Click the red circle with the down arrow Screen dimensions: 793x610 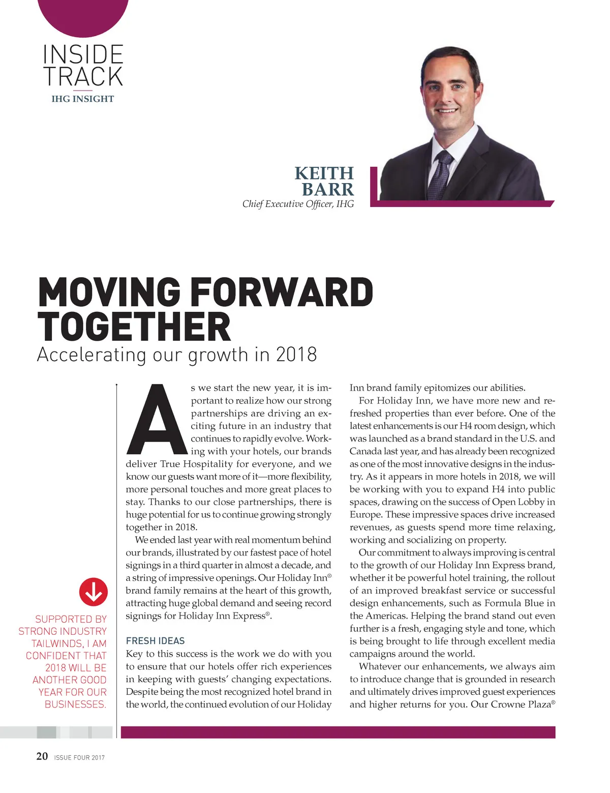[x=94, y=592]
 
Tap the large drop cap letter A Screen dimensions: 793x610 [x=158, y=420]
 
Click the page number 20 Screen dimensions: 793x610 [x=42, y=756]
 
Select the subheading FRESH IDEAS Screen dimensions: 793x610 [x=155, y=641]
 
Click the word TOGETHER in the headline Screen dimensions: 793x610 [x=134, y=327]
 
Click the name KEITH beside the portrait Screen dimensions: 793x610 [x=324, y=173]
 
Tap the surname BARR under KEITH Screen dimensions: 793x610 [x=327, y=189]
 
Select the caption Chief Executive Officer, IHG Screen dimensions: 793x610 [x=298, y=204]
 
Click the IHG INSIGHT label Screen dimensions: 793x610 [x=82, y=99]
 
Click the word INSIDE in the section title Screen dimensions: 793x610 [x=83, y=54]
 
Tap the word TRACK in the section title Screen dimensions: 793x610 [x=83, y=76]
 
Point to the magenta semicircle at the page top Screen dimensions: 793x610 [x=83, y=15]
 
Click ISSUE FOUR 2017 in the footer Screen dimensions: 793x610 [x=79, y=757]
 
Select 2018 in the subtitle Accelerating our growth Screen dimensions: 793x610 [x=296, y=355]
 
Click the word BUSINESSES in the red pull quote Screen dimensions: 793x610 [x=75, y=704]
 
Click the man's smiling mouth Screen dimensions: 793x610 [x=447, y=110]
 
